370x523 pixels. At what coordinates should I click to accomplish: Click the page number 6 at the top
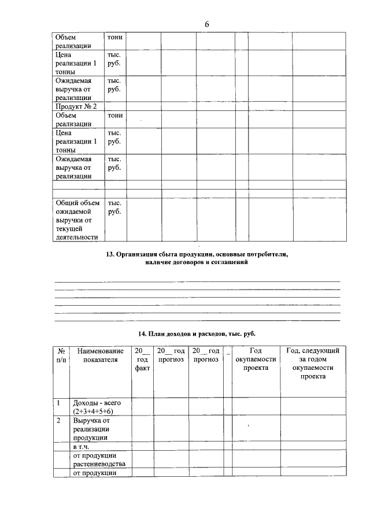click(x=206, y=24)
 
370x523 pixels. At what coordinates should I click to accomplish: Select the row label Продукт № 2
click(x=76, y=106)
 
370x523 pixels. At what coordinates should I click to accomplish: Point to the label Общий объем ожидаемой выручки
click(x=77, y=220)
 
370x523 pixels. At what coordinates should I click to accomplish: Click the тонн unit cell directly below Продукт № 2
click(x=115, y=115)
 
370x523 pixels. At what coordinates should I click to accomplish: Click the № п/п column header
click(x=61, y=355)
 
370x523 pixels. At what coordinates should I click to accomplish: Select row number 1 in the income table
click(x=58, y=402)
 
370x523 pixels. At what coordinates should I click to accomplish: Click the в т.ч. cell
click(x=82, y=447)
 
